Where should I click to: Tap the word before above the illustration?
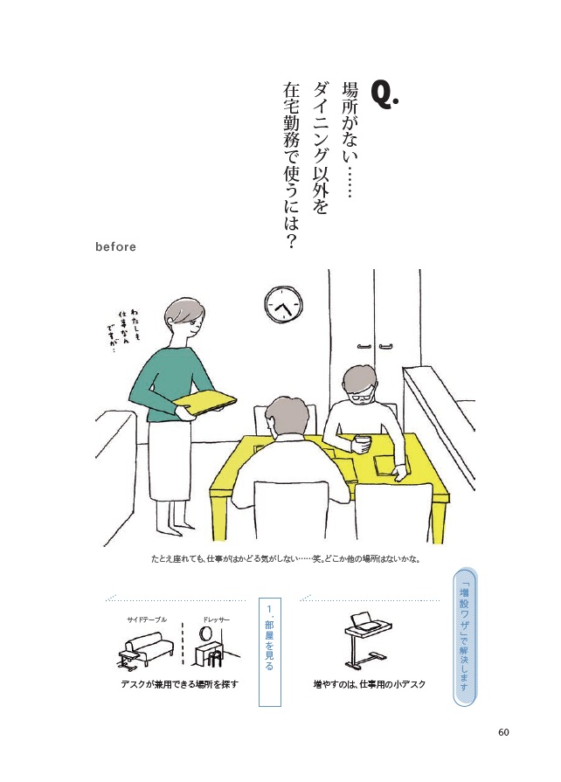point(115,247)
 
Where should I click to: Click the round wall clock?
point(284,305)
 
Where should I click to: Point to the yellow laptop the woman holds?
point(204,401)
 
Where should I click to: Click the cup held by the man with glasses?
point(362,443)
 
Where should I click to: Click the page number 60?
point(503,732)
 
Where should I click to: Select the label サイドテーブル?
point(147,619)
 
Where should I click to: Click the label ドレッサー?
point(216,619)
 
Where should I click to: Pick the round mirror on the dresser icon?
point(205,633)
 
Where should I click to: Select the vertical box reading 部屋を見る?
point(270,652)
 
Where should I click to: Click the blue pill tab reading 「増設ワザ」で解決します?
point(464,639)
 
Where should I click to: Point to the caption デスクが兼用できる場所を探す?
point(179,684)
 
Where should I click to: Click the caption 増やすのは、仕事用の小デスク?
point(370,684)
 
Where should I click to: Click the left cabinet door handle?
point(364,346)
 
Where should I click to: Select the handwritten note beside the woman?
point(123,329)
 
